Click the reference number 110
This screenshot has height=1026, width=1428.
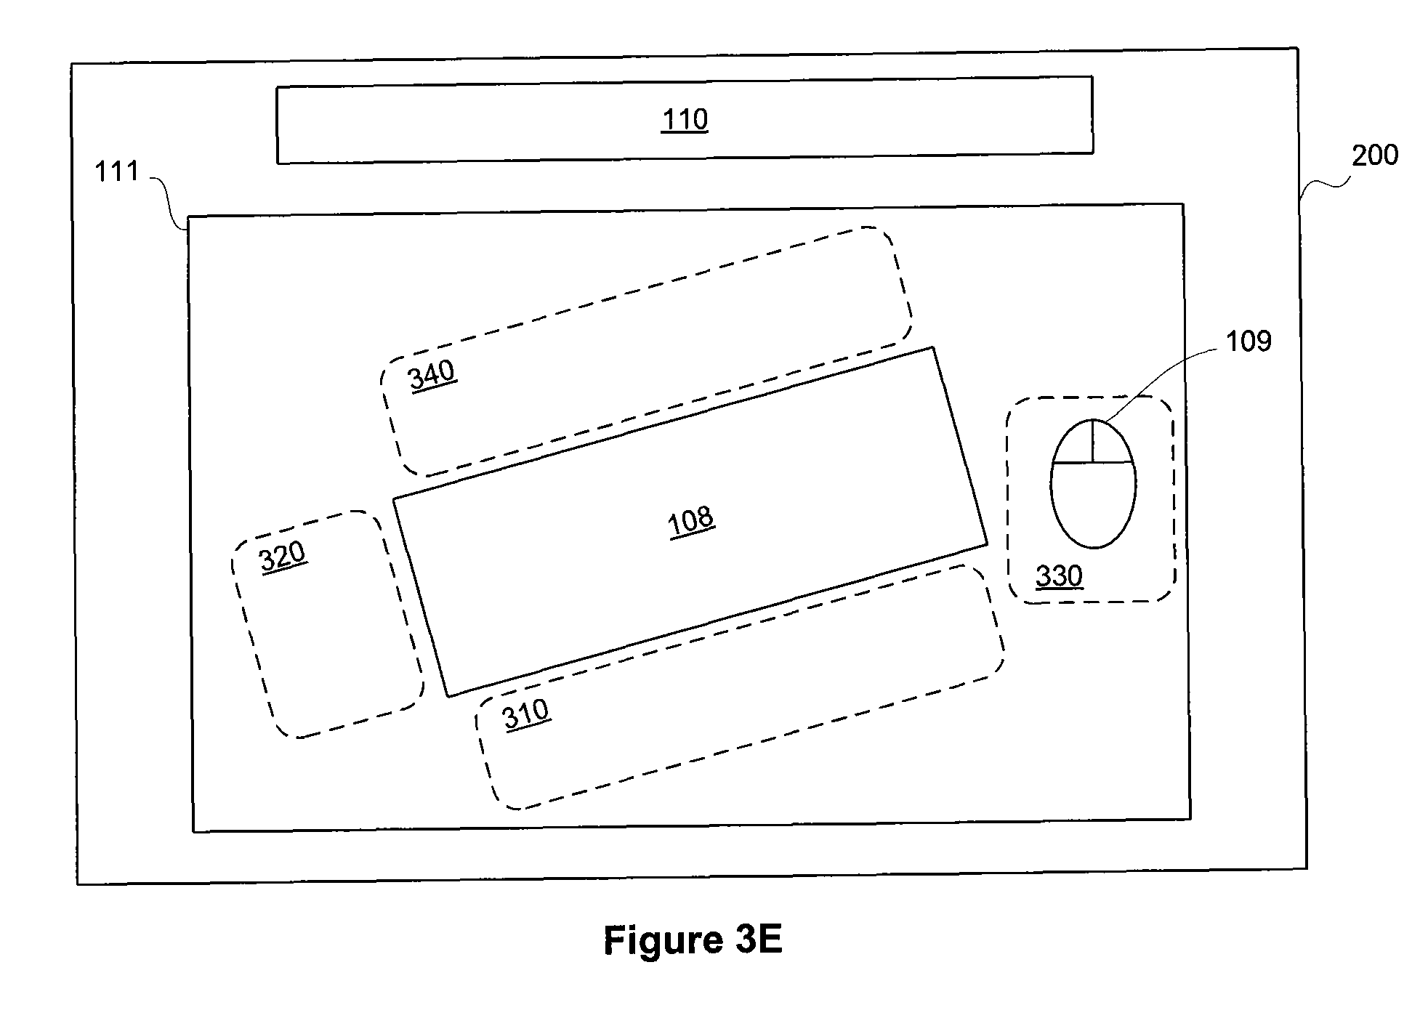pos(685,119)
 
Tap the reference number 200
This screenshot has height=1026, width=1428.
pos(1374,155)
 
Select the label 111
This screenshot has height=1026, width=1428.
pos(117,172)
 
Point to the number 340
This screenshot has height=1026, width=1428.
pos(432,376)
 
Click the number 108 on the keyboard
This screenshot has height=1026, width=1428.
pos(691,521)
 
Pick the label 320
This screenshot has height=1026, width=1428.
pos(283,558)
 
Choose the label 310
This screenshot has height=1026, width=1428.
pos(526,714)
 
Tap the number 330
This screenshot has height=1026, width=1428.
pos(1059,576)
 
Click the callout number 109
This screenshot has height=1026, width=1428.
pos(1249,341)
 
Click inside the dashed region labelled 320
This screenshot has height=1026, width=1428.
pos(327,625)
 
